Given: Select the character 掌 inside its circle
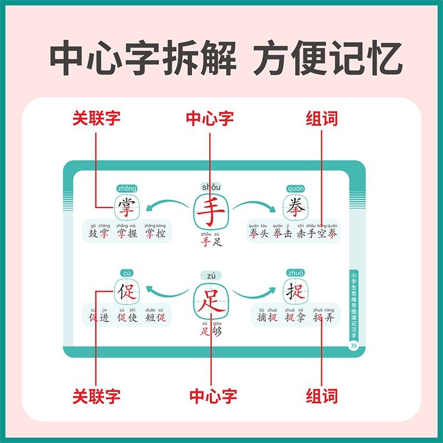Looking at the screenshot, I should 127,208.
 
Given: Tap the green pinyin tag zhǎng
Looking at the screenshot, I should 127,188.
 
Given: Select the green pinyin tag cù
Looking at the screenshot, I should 127,273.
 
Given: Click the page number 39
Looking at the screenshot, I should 353,346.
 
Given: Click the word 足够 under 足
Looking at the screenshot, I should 211,332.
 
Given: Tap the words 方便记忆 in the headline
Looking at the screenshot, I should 328,60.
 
